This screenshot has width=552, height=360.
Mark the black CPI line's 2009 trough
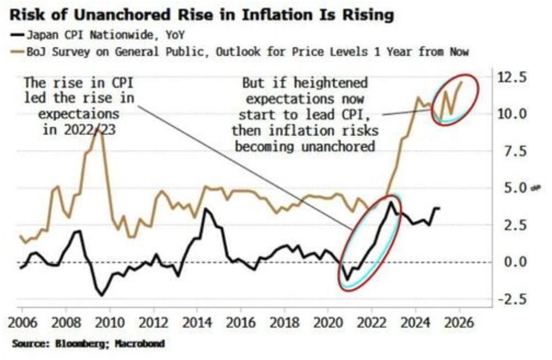[101, 295]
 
